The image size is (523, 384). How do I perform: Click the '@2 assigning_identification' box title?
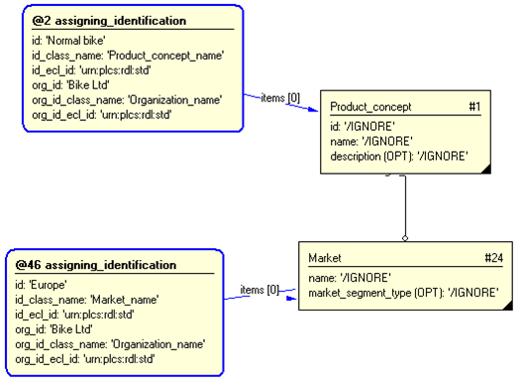click(108, 21)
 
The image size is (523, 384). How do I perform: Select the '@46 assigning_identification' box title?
click(95, 265)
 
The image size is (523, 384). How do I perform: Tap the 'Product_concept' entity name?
click(370, 107)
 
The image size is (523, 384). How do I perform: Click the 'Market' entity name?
click(325, 257)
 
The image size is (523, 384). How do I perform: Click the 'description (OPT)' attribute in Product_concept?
click(398, 157)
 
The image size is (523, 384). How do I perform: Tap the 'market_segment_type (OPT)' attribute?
click(402, 292)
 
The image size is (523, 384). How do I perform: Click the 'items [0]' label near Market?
click(259, 290)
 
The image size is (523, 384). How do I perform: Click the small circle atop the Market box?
click(405, 238)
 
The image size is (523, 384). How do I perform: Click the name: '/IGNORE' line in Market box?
click(350, 277)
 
